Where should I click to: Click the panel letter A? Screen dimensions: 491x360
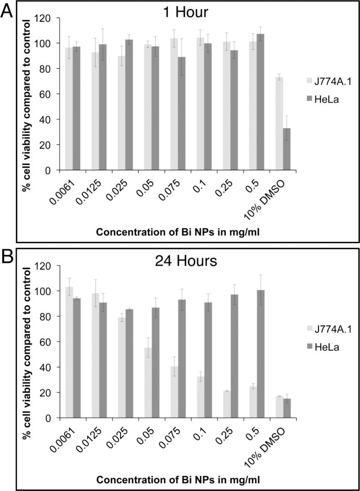(6, 10)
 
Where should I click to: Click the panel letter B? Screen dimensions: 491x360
(7, 258)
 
